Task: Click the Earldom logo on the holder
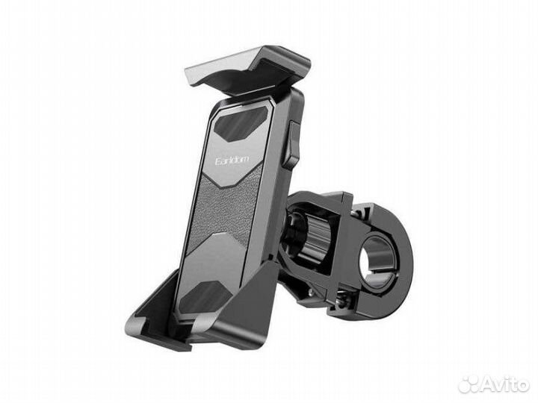click(232, 160)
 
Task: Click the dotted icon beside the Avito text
click(470, 384)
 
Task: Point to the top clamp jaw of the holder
click(247, 70)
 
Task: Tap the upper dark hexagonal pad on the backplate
click(241, 124)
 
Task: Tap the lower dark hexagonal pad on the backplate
click(205, 298)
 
